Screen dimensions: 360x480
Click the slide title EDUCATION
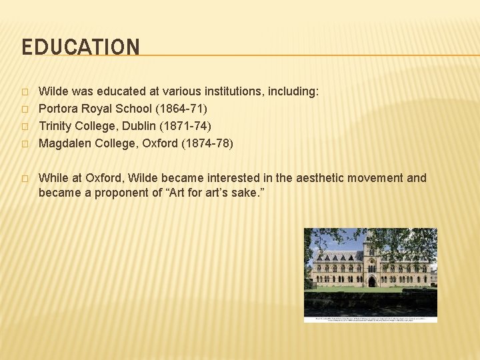point(81,47)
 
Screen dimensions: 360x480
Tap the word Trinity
point(58,125)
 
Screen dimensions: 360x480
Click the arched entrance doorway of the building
point(371,282)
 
